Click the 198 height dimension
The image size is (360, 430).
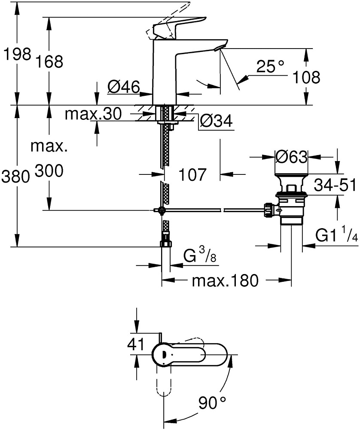(17, 54)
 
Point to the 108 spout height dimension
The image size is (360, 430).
(306, 77)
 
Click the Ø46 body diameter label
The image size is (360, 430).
(123, 88)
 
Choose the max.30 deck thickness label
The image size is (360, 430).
(93, 114)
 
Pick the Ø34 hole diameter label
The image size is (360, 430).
(216, 122)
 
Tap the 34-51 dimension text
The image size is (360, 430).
(335, 186)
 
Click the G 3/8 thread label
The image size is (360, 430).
(199, 257)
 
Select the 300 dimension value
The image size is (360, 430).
(49, 172)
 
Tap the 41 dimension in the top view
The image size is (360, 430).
(137, 345)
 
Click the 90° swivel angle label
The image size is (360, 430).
(212, 403)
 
